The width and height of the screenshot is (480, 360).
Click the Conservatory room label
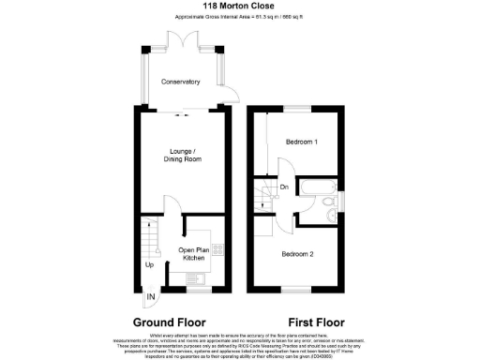(180, 82)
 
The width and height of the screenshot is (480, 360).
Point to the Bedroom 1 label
(302, 141)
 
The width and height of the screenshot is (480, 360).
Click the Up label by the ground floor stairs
(149, 264)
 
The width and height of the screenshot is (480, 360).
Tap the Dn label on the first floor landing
(284, 187)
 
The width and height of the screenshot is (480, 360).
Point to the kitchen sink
(195, 277)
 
